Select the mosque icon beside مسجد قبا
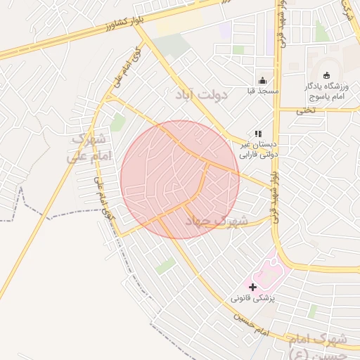[263, 79]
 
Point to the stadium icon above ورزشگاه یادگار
[326, 75]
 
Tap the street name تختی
[304, 110]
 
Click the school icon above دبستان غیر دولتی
[258, 132]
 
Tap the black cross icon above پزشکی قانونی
[253, 286]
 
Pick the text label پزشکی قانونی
[255, 298]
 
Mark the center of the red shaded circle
[180, 179]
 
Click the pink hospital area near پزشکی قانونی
[271, 276]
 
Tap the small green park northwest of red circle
[117, 122]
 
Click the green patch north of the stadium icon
[321, 32]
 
